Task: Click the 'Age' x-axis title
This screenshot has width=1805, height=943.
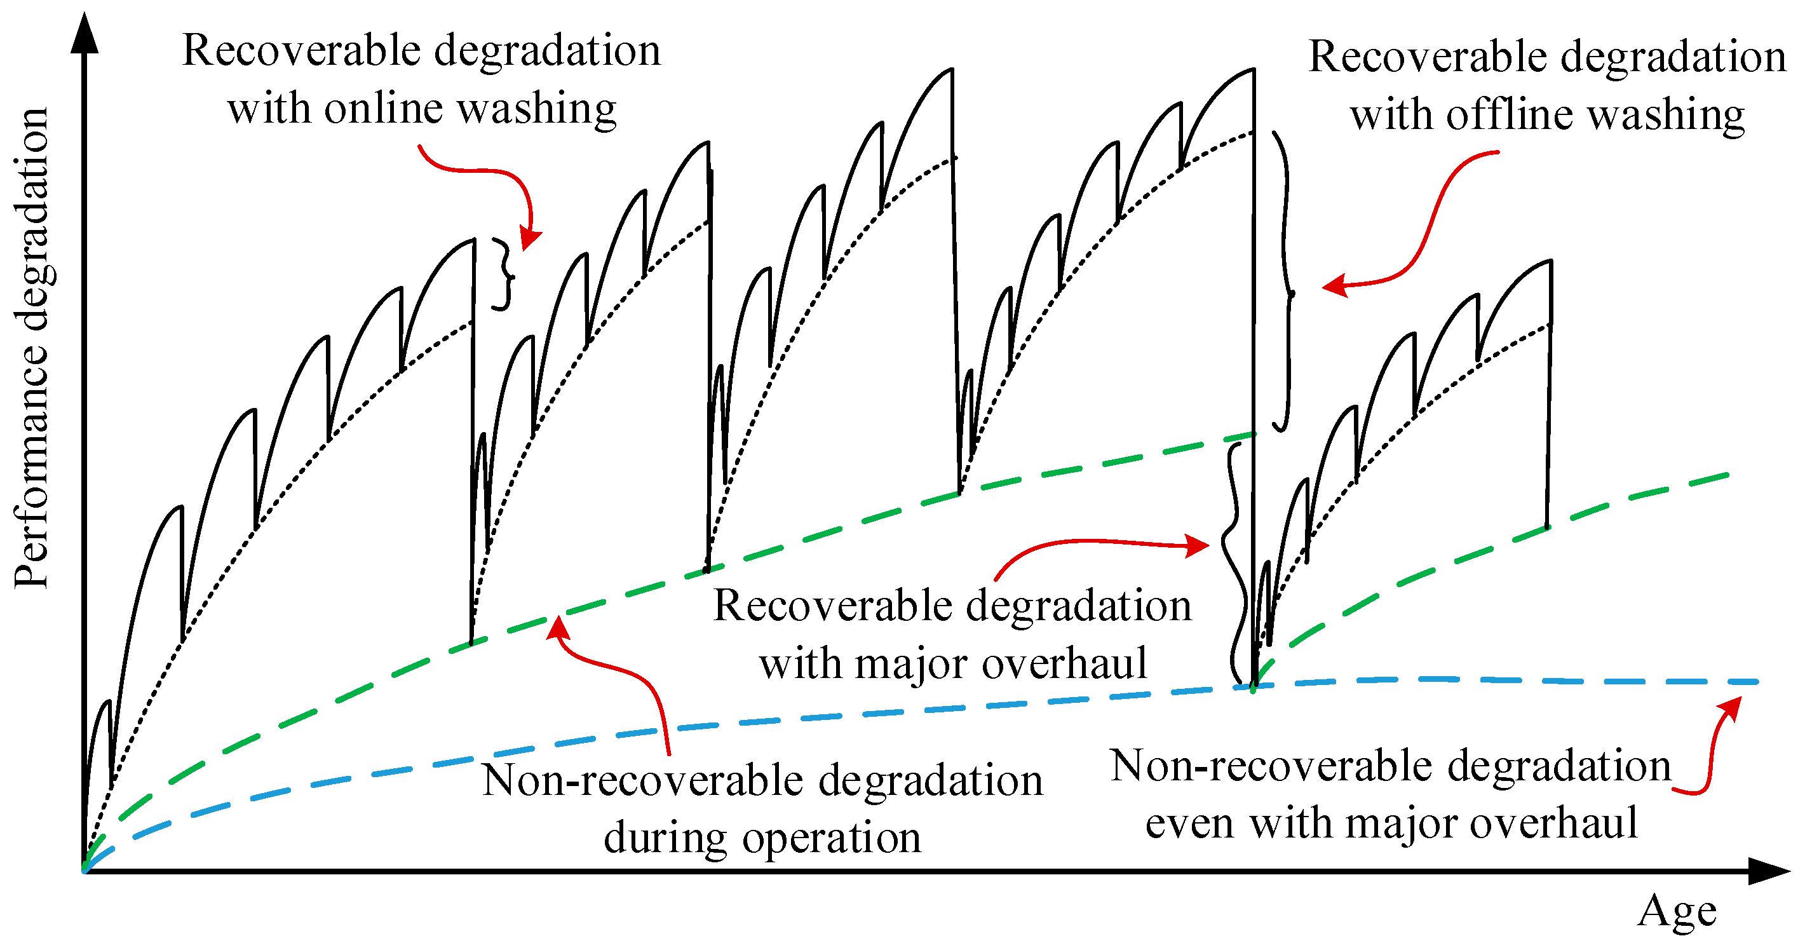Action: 1677,911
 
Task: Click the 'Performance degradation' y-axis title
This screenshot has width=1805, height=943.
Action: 32,348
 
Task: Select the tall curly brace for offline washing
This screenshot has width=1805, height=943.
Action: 1283,280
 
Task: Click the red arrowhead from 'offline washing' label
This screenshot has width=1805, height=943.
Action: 1334,286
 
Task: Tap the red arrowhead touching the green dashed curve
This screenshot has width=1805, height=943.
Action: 558,627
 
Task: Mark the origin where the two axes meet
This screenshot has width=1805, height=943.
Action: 85,871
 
